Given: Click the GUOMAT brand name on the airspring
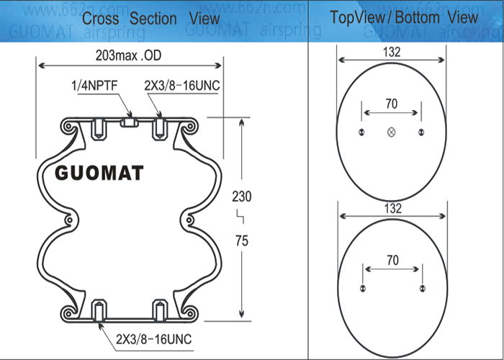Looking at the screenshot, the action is coord(99,174).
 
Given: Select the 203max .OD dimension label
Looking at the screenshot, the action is coord(128,56).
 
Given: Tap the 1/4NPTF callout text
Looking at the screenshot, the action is coord(94,86).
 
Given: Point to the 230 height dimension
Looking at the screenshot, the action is coord(242,197).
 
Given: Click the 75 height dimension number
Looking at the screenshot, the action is coord(242,240).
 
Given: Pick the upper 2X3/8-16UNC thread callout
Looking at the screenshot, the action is coord(182,86).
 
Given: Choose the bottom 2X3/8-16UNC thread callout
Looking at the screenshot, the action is coord(153,339).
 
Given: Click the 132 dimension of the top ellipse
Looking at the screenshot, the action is coord(392,52).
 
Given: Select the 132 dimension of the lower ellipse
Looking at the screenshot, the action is coord(393,209).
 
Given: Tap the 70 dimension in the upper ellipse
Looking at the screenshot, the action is coord(391,104).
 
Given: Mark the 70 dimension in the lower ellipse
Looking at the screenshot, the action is coord(392,260).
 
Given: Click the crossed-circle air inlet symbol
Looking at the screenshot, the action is coord(391,132).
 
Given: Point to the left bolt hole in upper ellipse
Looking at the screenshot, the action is coord(361,132).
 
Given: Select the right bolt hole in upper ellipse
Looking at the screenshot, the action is coord(421,132).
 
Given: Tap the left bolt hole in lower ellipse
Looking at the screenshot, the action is coord(363,288).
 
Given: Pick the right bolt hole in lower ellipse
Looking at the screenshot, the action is coord(423,288).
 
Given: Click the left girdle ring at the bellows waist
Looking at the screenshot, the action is coord(69,220).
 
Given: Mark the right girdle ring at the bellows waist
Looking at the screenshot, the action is coord(189,220).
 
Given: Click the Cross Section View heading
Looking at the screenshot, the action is coord(150,18).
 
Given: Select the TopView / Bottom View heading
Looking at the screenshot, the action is coord(404,17).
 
